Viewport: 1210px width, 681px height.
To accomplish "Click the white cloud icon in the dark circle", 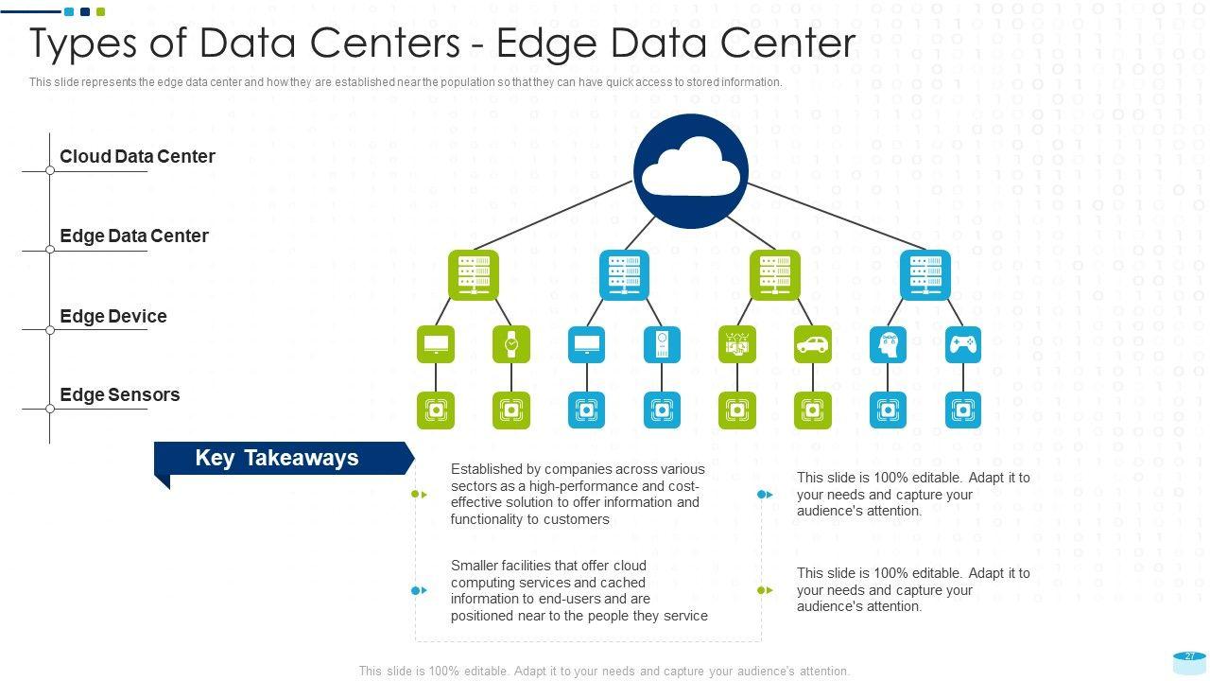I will click(x=690, y=170).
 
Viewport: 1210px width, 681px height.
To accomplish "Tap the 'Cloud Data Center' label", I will click(x=137, y=157).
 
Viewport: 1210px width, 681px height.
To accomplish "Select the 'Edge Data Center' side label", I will click(x=133, y=236).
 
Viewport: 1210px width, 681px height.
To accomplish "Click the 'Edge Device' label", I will click(x=112, y=317).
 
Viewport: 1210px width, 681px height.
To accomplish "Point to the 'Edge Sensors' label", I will click(x=119, y=395).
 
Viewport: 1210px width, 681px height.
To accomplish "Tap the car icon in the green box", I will click(x=813, y=345).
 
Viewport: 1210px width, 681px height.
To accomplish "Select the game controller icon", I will click(x=963, y=345).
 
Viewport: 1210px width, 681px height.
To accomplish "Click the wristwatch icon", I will click(x=511, y=345).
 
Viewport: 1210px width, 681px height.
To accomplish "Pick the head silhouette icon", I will click(x=888, y=345).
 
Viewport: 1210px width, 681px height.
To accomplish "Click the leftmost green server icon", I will click(x=473, y=275).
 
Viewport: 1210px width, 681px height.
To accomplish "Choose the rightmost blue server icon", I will click(x=925, y=275).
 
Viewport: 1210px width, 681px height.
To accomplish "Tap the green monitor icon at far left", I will click(x=436, y=345).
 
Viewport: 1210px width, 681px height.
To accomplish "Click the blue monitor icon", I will click(x=587, y=345).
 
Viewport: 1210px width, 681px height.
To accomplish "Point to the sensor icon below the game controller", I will click(x=963, y=410).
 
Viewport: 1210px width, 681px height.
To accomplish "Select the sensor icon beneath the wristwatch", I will click(x=511, y=410).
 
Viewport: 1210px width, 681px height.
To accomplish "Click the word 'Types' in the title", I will click(x=88, y=44).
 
